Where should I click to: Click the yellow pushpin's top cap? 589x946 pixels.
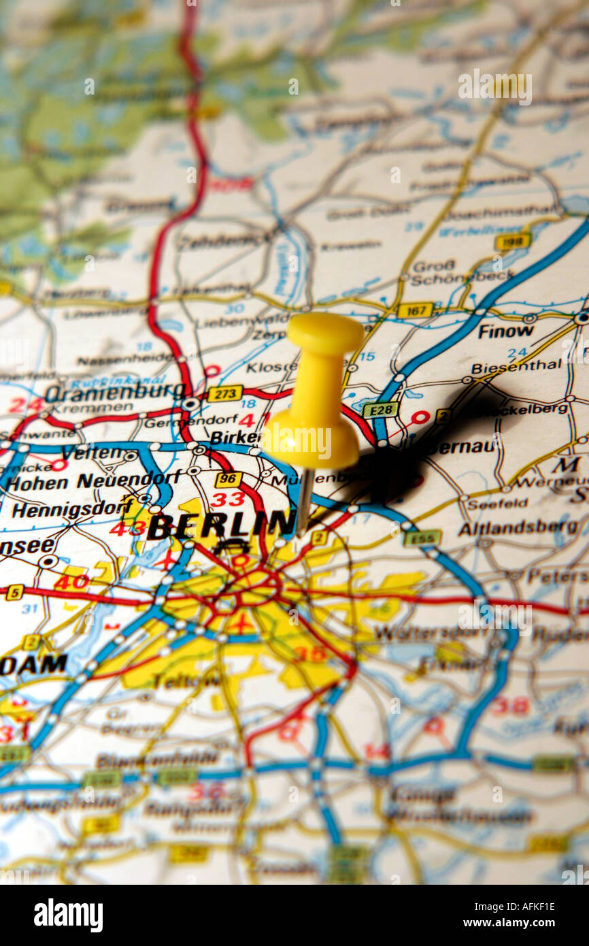coord(325,333)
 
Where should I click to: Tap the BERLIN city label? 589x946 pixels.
coord(222,525)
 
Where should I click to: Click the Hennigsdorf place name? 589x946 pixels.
coord(72,508)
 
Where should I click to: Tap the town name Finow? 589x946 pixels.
coord(505,331)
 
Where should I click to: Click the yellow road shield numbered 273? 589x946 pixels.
coord(224,394)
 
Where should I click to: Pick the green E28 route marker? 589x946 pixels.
coord(380,410)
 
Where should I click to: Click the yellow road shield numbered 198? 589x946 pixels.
coord(512,242)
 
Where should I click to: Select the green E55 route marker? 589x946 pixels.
coord(422,538)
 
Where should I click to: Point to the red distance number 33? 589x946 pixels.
coord(226,500)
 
